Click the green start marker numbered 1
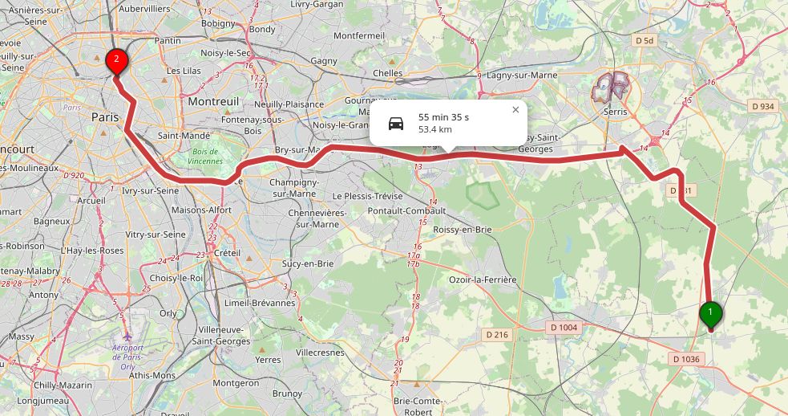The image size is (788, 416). pyautogui.click(x=710, y=313)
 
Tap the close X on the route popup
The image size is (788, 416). pyautogui.click(x=515, y=110)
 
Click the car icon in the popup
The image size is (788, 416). pyautogui.click(x=396, y=123)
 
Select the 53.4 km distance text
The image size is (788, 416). pyautogui.click(x=435, y=129)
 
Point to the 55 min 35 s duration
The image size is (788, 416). pyautogui.click(x=443, y=117)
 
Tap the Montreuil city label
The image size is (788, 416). pyautogui.click(x=213, y=102)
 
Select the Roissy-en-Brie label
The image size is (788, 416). pyautogui.click(x=463, y=229)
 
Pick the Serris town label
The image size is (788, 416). pyautogui.click(x=616, y=112)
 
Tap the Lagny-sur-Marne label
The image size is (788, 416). pyautogui.click(x=522, y=75)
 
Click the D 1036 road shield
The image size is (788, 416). pyautogui.click(x=687, y=359)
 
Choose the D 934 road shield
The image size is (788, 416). pyautogui.click(x=764, y=106)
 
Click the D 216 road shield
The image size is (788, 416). pyautogui.click(x=498, y=334)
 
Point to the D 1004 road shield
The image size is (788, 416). pyautogui.click(x=564, y=327)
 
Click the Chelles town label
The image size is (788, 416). pyautogui.click(x=388, y=73)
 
